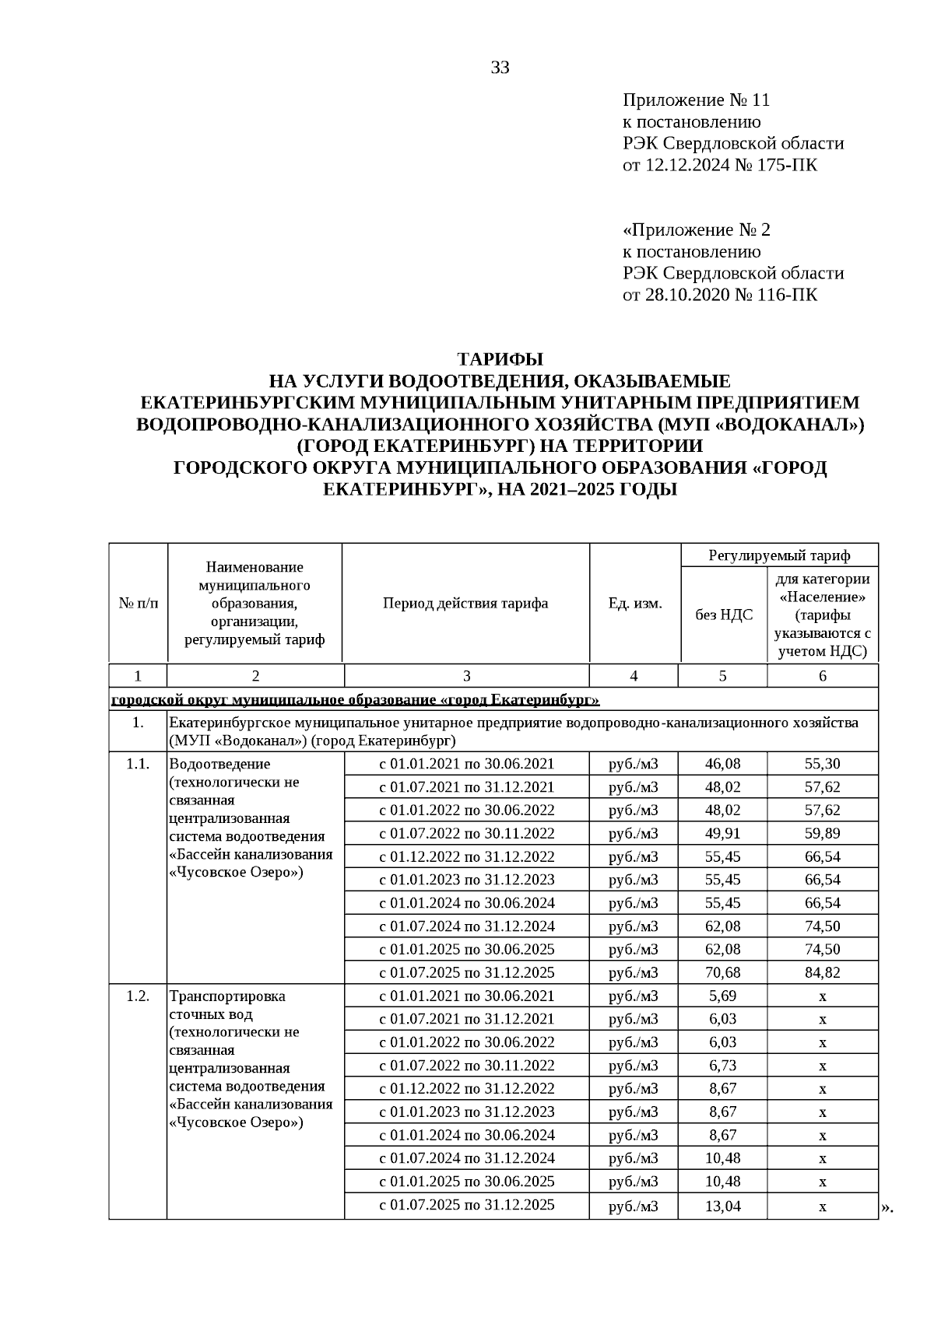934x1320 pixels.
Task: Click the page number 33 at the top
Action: [500, 68]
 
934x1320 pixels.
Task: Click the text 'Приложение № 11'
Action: [696, 100]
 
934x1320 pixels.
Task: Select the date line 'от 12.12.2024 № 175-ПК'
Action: [720, 165]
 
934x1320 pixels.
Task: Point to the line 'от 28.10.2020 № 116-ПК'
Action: [720, 295]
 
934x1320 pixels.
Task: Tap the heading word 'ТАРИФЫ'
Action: [500, 359]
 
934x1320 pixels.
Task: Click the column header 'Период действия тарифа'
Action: [465, 604]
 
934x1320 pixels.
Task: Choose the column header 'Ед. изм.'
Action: [634, 604]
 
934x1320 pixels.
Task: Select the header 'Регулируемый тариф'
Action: [779, 555]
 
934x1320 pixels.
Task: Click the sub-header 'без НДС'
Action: [723, 614]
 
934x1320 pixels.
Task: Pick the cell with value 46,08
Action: [722, 764]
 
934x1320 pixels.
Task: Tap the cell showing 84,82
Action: [822, 972]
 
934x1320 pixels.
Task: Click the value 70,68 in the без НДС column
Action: [722, 972]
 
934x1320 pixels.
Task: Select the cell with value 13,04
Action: [722, 1206]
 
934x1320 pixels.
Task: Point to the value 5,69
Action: [722, 996]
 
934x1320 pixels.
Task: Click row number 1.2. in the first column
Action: [138, 996]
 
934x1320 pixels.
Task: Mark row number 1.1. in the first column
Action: [138, 764]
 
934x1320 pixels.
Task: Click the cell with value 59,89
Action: [822, 833]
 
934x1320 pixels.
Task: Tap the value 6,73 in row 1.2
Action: [722, 1066]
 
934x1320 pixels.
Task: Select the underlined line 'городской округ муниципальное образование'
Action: [355, 700]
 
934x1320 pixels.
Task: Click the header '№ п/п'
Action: [138, 604]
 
